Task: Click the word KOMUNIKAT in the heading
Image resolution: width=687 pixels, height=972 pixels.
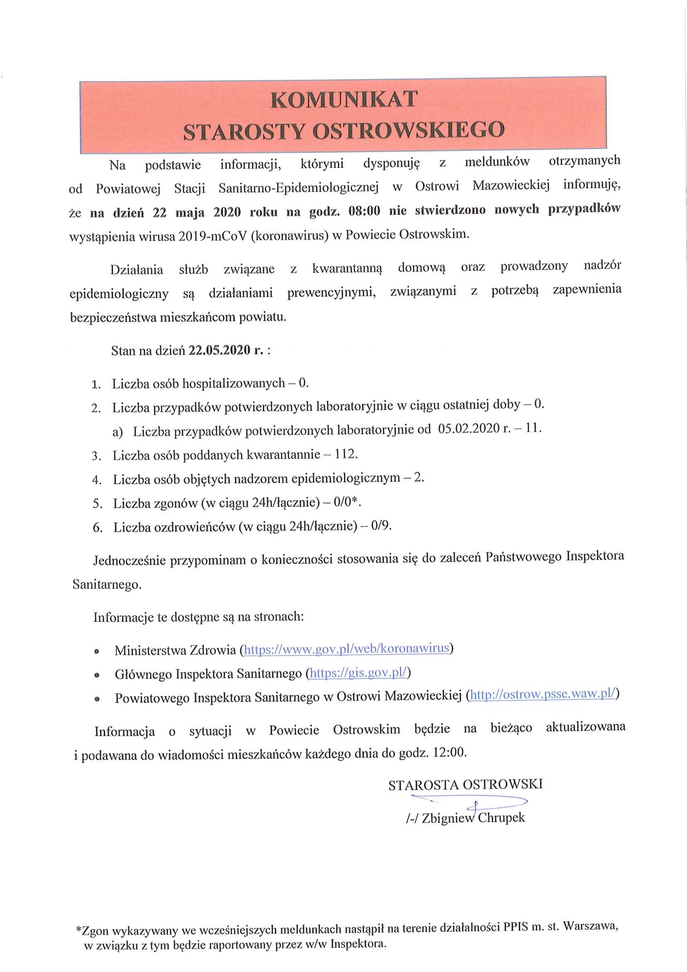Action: tap(344, 100)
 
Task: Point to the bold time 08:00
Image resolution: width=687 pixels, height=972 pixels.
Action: tap(364, 211)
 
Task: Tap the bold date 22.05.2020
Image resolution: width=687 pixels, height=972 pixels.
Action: tap(219, 350)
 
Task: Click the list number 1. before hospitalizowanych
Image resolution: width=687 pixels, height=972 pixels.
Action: tap(96, 384)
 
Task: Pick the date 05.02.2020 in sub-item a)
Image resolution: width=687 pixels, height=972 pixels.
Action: tap(469, 428)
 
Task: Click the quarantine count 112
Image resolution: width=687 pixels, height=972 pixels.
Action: tap(346, 454)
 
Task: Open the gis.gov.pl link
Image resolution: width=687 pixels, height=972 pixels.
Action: tap(358, 673)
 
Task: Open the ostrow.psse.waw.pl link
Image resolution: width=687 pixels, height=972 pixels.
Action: tap(542, 694)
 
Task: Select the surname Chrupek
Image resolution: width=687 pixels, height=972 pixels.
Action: tap(501, 817)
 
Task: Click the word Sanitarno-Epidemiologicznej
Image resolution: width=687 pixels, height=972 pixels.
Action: tap(298, 187)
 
